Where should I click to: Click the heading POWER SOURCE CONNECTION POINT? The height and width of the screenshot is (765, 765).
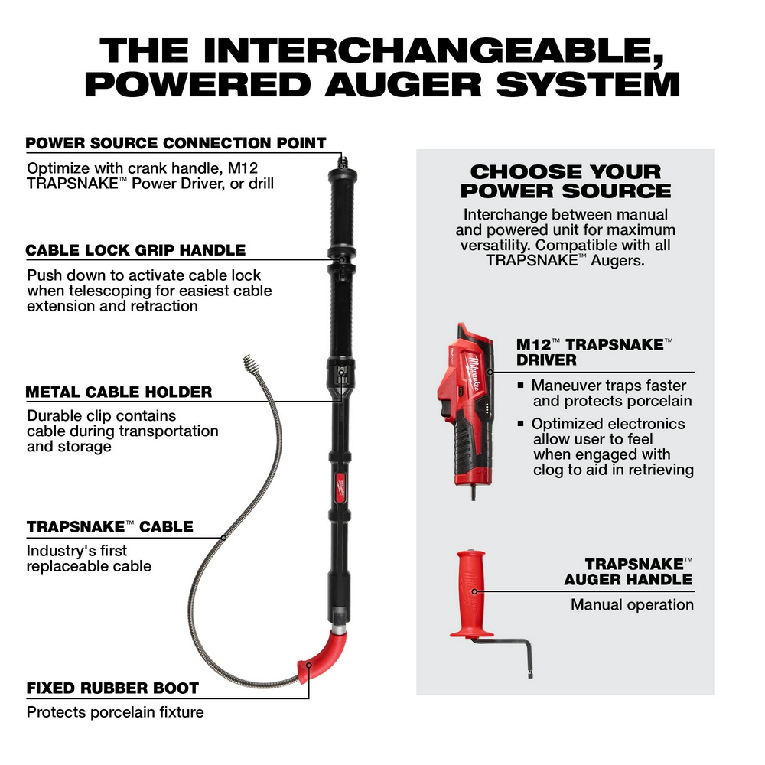[x=176, y=143]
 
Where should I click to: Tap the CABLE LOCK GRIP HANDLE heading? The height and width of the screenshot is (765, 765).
[x=135, y=250]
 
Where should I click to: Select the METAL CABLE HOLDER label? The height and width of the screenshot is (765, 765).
[x=119, y=392]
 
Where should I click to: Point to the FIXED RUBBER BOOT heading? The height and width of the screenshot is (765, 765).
[x=112, y=688]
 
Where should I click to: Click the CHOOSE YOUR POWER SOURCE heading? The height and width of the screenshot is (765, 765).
[x=565, y=181]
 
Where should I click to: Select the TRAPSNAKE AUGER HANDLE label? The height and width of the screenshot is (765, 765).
[x=628, y=571]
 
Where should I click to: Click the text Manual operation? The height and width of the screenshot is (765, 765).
[x=632, y=604]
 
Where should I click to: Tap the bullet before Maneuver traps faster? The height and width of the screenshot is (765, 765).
[x=521, y=386]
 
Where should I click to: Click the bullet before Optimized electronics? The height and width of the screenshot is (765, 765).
[x=521, y=424]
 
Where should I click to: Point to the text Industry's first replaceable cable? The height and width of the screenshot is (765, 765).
[x=89, y=558]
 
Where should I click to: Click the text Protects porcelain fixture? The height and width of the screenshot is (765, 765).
[x=115, y=712]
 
